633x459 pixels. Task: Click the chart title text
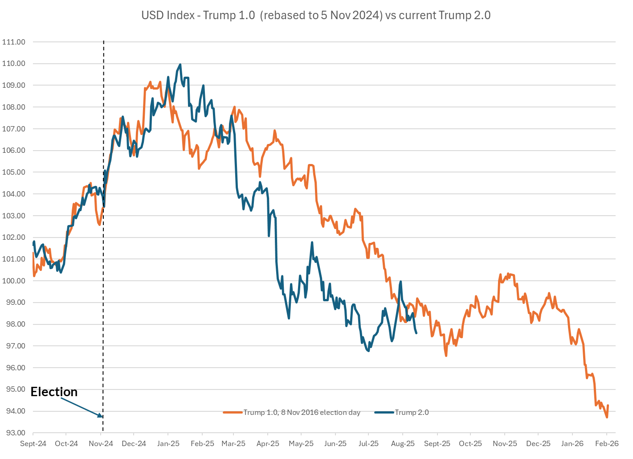tap(316, 15)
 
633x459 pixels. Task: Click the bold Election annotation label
tap(54, 392)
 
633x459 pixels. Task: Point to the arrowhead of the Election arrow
tap(101, 416)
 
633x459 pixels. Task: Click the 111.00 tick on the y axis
tap(14, 42)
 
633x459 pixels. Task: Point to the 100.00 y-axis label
tap(14, 281)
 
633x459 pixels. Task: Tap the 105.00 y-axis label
tap(14, 172)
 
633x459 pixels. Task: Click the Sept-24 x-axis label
tap(33, 444)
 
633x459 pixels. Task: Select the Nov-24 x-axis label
tap(101, 444)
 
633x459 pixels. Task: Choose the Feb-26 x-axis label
tap(607, 444)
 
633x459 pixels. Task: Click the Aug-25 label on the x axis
tap(403, 444)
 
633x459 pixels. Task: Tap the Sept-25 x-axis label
tap(437, 444)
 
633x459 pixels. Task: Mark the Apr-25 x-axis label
tap(268, 444)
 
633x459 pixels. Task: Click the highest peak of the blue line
tap(180, 64)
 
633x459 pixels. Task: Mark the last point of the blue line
tap(416, 333)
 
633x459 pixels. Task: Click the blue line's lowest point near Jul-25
tap(368, 351)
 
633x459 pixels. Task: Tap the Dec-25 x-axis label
tap(538, 444)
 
